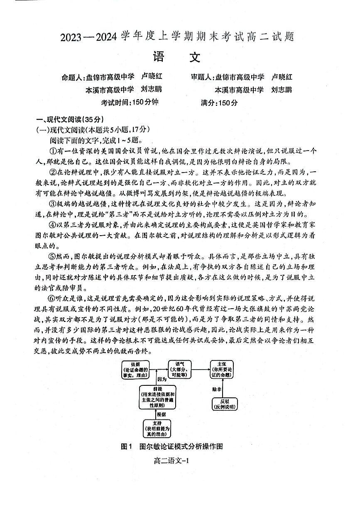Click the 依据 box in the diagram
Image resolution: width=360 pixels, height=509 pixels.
pyautogui.click(x=135, y=369)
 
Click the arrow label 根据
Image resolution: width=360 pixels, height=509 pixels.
pyautogui.click(x=161, y=414)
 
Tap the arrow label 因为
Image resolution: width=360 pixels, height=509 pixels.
pyautogui.click(x=162, y=379)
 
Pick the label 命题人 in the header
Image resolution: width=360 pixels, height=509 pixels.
pyautogui.click(x=72, y=77)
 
